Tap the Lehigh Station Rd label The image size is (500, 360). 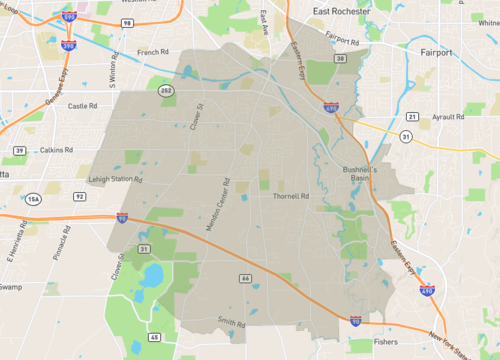[x=111, y=178]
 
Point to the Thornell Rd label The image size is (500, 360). [x=293, y=196]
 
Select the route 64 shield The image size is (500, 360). [x=243, y=277]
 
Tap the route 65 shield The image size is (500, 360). [x=154, y=338]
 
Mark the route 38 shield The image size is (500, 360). [x=340, y=60]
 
